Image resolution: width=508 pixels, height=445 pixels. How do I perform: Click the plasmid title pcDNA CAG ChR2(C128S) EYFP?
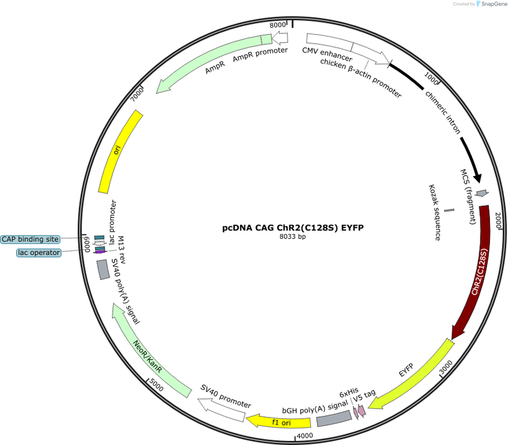293,228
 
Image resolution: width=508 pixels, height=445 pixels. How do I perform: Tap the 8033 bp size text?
292,237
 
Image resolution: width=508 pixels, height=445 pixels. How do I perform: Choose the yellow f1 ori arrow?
279,421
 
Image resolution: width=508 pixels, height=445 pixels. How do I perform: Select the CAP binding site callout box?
30,240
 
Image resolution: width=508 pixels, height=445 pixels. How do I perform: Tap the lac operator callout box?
39,253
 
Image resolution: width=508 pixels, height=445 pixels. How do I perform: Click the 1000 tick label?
431,78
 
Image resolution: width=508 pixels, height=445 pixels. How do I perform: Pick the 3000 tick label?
446,367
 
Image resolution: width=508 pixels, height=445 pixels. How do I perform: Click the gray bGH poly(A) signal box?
334,419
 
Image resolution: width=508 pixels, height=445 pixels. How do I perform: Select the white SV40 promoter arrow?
221,410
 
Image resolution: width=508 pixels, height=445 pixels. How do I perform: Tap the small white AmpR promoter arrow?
280,38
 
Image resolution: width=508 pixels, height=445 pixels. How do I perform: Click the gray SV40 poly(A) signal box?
104,270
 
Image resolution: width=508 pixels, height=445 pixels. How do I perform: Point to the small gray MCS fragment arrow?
482,193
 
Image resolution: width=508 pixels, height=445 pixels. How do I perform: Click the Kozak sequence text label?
435,213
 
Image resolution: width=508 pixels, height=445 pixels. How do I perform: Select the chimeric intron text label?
443,112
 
